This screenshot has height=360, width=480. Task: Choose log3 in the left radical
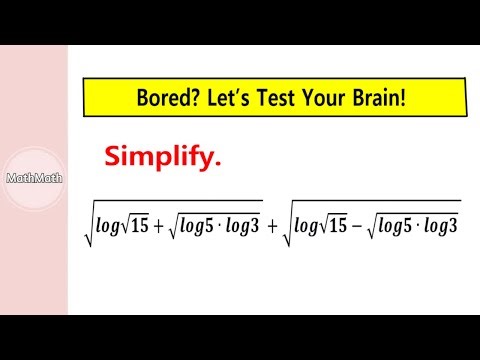click(243, 226)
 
